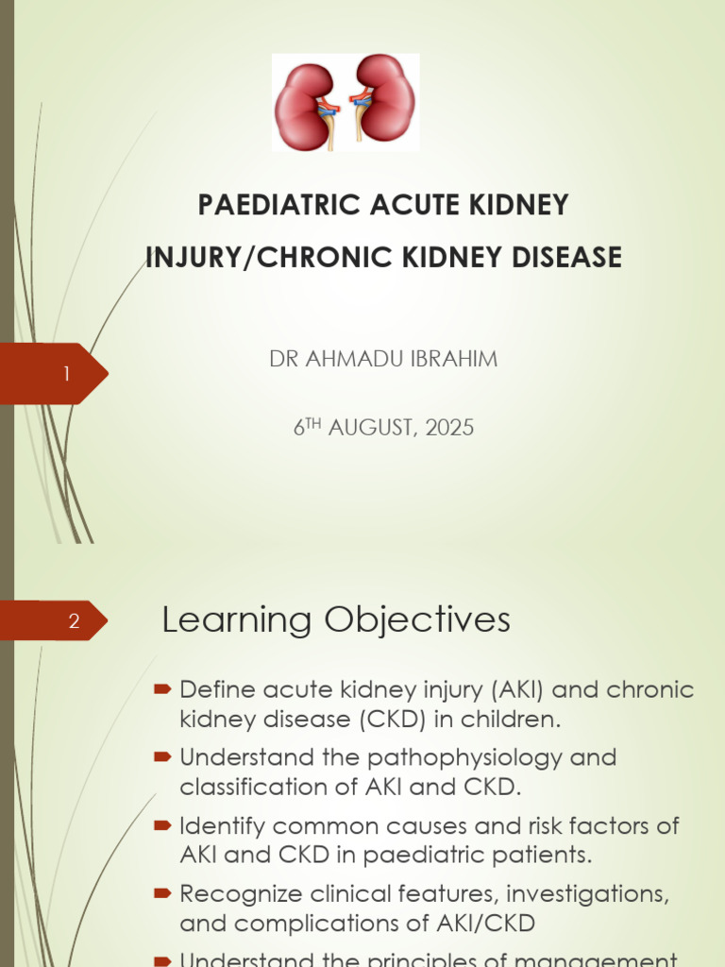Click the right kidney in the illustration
coord(387,98)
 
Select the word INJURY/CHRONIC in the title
coord(245,257)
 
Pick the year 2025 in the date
coord(449,428)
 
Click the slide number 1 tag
coord(66,375)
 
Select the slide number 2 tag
coord(75,621)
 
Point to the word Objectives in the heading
coord(417,620)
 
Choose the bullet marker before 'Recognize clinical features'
coord(161,893)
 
